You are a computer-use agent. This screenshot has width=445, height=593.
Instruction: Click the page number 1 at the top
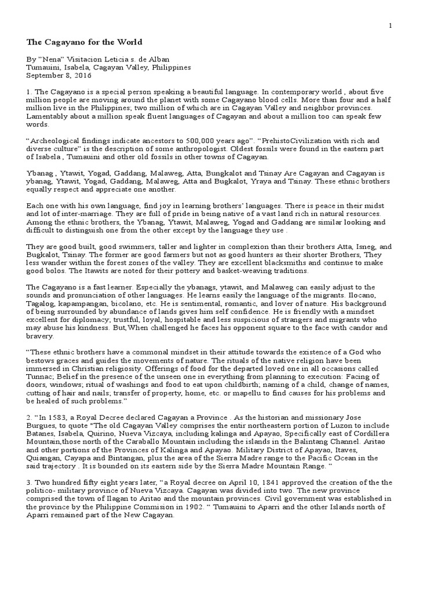pyautogui.click(x=391, y=25)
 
